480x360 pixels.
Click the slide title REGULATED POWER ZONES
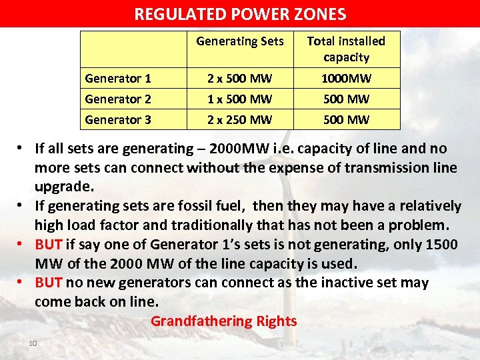tap(240, 14)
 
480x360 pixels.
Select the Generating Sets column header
tap(240, 41)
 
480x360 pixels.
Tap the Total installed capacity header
tap(346, 49)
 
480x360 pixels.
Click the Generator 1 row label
tap(118, 79)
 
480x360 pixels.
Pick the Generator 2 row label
tap(118, 99)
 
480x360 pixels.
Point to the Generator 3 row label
tap(118, 120)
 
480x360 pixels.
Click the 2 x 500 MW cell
tap(240, 79)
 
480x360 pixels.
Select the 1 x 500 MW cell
tap(240, 99)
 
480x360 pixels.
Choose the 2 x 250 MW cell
tap(240, 120)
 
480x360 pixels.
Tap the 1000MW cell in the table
tap(346, 79)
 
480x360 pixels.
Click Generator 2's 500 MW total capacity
tap(346, 99)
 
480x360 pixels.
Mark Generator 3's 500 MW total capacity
tap(346, 120)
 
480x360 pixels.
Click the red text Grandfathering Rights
tap(223, 321)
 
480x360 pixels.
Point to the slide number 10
tap(31, 343)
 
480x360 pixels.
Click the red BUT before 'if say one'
tap(48, 244)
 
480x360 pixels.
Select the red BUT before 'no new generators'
tap(48, 283)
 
